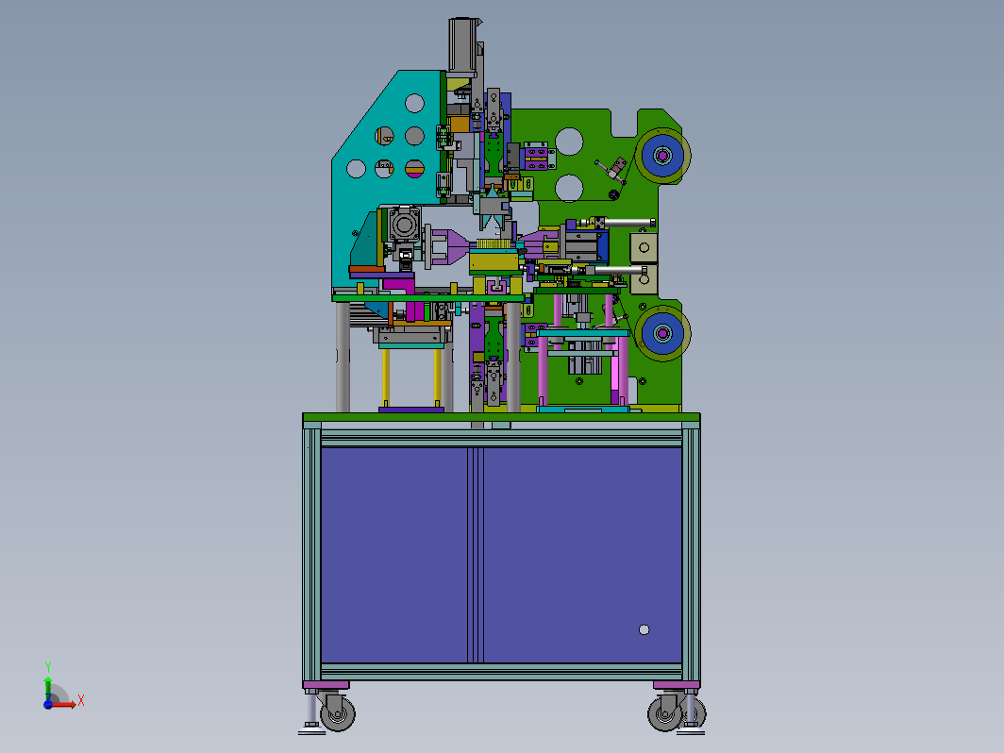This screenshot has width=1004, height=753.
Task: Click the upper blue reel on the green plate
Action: pyautogui.click(x=662, y=155)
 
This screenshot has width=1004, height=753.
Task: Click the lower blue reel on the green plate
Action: pyautogui.click(x=662, y=333)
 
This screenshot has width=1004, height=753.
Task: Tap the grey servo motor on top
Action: pyautogui.click(x=463, y=44)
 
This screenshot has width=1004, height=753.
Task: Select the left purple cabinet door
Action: pyautogui.click(x=394, y=555)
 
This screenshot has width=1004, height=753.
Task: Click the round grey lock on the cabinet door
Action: pyautogui.click(x=644, y=629)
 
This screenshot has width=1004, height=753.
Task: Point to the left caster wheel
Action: pyautogui.click(x=338, y=711)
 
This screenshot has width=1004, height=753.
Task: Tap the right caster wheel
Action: pyautogui.click(x=665, y=711)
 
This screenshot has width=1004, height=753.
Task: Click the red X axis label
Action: pyautogui.click(x=81, y=700)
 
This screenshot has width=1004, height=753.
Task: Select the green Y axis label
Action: pyautogui.click(x=48, y=667)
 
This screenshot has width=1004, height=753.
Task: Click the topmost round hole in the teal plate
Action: pyautogui.click(x=414, y=103)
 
